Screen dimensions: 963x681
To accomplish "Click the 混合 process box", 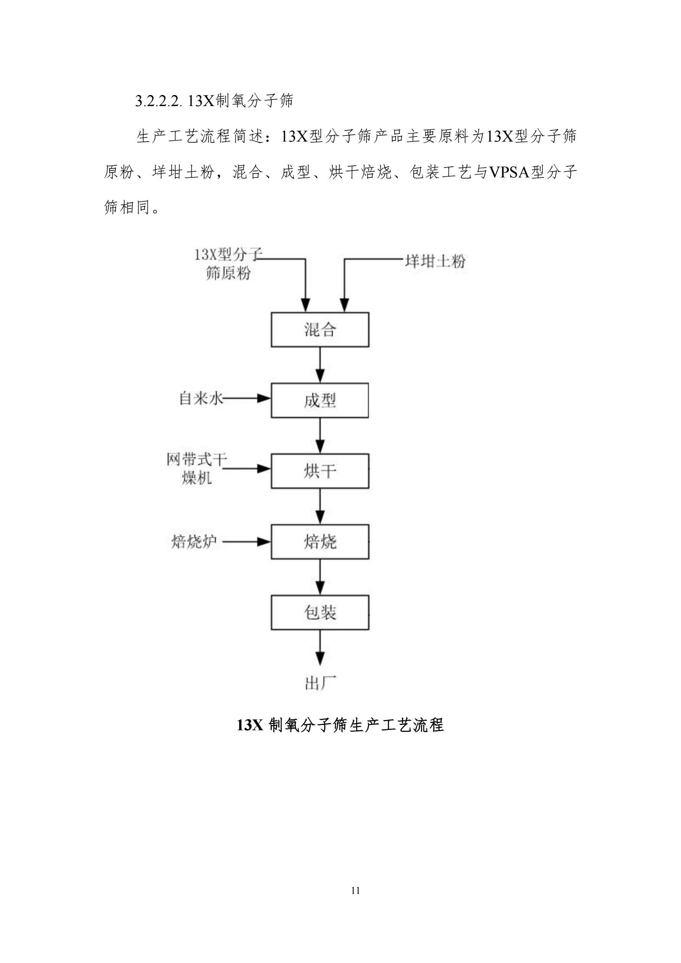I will coord(320,330).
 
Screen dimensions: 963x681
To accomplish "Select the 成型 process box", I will coord(320,400).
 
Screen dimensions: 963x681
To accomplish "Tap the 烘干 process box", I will coord(320,471).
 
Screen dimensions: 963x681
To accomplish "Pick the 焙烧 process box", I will coord(320,541).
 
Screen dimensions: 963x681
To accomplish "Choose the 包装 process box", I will coord(320,612).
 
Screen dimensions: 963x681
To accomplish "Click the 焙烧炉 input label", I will coord(194,541).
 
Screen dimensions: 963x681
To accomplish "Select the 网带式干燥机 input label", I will coord(196,469).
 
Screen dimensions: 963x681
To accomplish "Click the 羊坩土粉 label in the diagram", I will coord(435,261).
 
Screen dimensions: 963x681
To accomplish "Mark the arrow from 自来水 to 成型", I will coord(247,398).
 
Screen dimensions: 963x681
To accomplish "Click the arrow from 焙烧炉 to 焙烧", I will coord(247,542).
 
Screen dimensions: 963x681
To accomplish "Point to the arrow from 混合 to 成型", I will coord(320,364).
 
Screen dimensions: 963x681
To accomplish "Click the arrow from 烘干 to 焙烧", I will coord(320,506).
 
